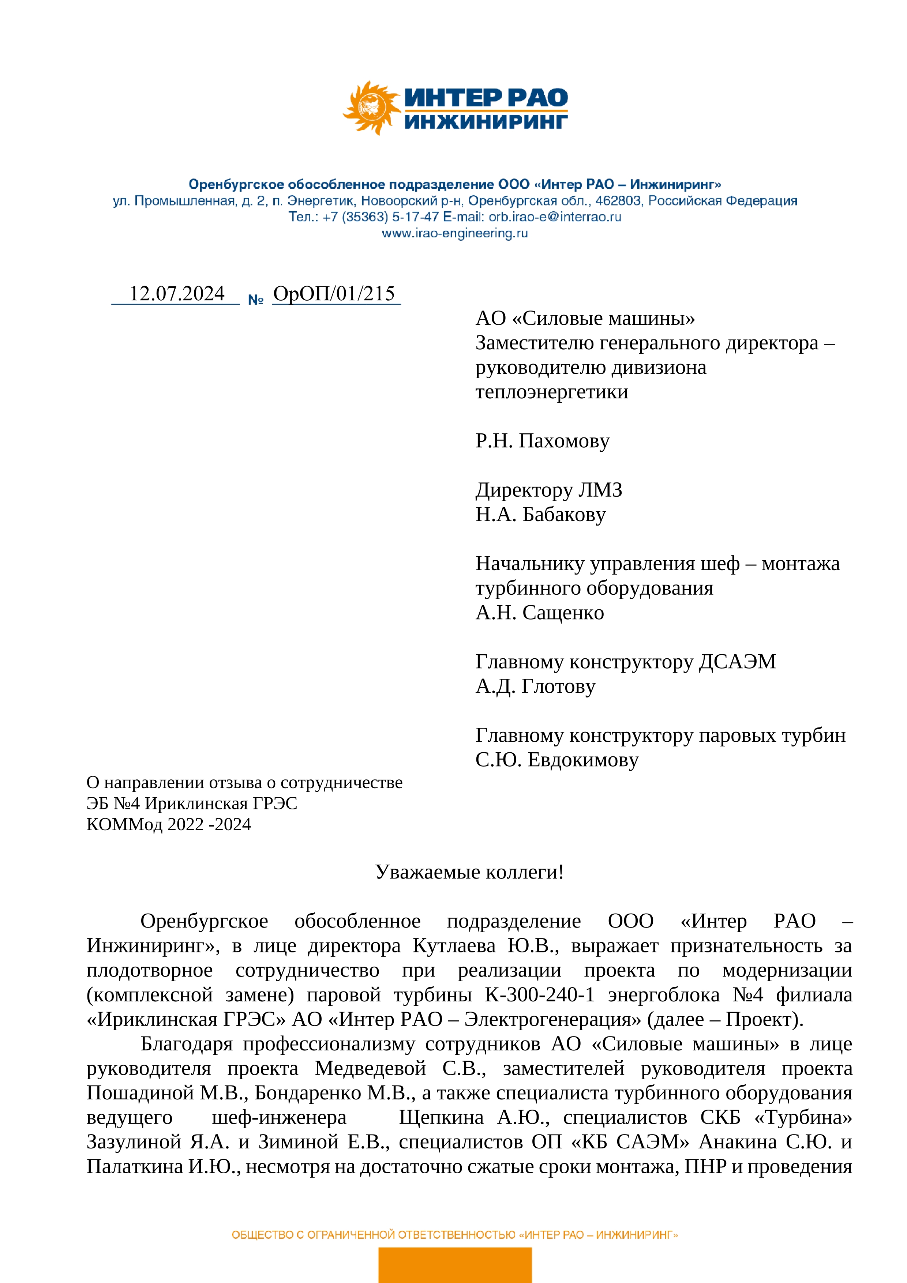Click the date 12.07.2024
pos(177,293)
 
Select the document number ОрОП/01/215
pos(334,293)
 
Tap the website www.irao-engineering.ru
pos(454,234)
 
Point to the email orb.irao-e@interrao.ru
pos(555,217)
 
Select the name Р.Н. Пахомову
pos(542,441)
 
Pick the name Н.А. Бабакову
pos(540,515)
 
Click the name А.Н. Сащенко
pos(539,613)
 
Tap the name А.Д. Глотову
pos(535,686)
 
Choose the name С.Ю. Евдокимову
pos(556,760)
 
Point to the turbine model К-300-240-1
pos(539,995)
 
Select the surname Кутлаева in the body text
pos(454,946)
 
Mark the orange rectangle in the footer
pos(454,1265)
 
